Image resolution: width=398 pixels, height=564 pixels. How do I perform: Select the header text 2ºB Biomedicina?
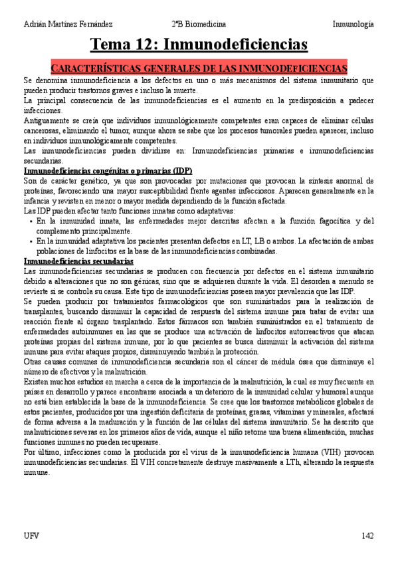(201, 23)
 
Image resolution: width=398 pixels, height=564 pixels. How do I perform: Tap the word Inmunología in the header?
(353, 23)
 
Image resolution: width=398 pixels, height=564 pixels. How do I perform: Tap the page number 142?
(367, 535)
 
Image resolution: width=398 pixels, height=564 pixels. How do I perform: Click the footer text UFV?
(31, 535)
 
